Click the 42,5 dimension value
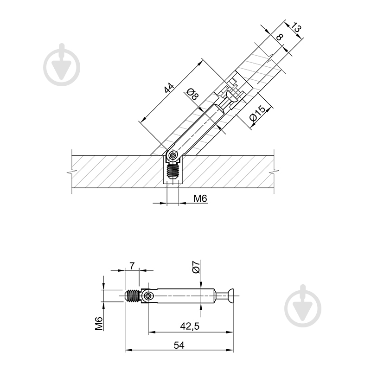[x=190, y=326]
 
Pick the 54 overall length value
[x=179, y=345]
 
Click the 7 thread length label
[x=132, y=266]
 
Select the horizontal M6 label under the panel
[x=200, y=198]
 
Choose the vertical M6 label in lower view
[x=99, y=323]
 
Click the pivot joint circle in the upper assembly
[x=173, y=156]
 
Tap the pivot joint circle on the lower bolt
[x=148, y=296]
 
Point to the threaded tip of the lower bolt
[x=133, y=296]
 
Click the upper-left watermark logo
[x=62, y=64]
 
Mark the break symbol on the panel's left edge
[x=72, y=171]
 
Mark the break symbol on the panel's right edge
[x=275, y=171]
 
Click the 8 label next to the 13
[x=280, y=37]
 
